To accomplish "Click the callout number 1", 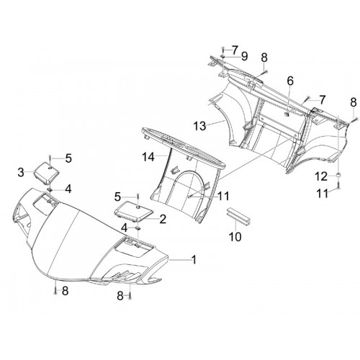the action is [x=194, y=260].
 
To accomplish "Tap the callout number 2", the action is [x=163, y=219].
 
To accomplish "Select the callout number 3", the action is [x=21, y=172].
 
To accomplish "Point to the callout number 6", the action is [x=290, y=81].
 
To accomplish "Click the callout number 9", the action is [x=244, y=56].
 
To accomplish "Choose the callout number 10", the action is [x=235, y=237].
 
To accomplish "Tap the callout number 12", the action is [x=321, y=177].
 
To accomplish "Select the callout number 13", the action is [x=199, y=126].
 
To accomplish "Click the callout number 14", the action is [x=148, y=157].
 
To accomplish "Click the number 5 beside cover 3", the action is [x=68, y=158].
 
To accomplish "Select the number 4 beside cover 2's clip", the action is [x=124, y=228].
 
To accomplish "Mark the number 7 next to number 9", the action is [x=235, y=50].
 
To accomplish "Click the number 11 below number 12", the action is [x=323, y=194].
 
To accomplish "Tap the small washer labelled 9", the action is [x=223, y=56].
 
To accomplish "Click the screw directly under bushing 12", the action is [x=338, y=185].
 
